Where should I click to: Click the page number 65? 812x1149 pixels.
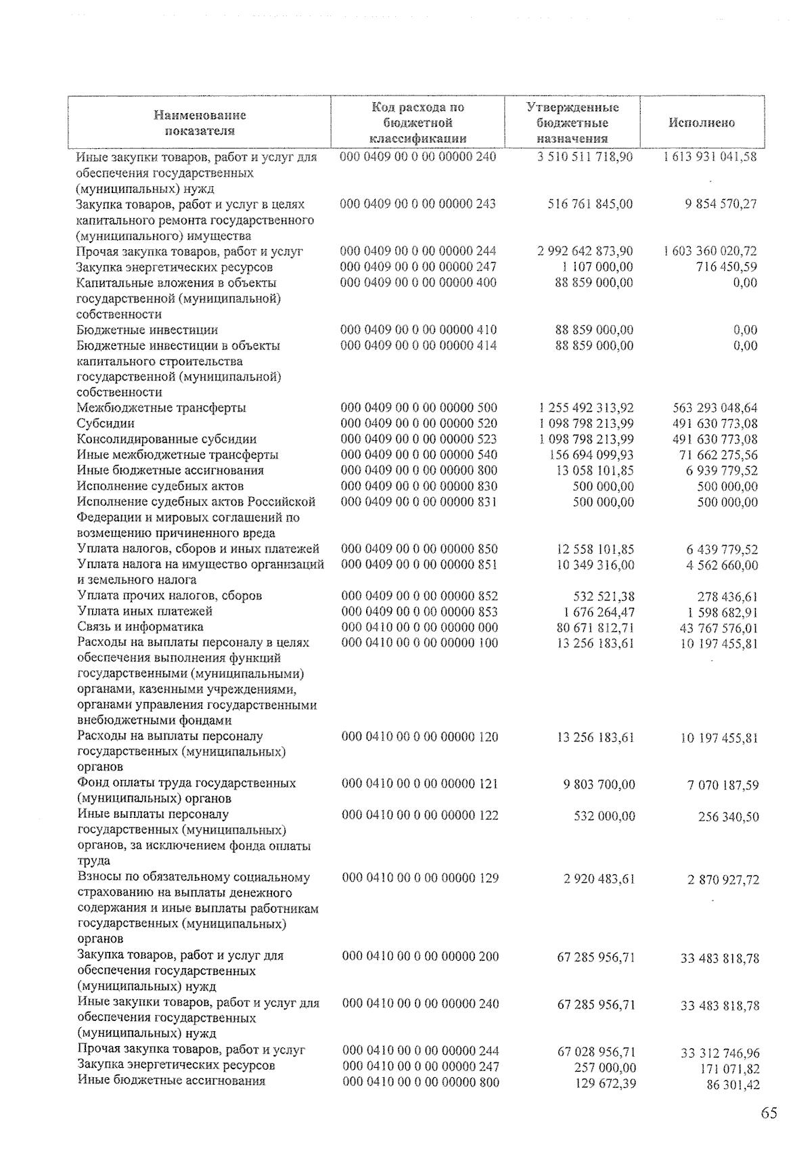point(769,1114)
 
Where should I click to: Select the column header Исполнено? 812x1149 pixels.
point(702,123)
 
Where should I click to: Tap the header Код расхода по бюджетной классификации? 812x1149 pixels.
point(418,123)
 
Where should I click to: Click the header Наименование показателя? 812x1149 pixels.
point(199,123)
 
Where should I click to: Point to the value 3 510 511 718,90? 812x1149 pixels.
point(585,156)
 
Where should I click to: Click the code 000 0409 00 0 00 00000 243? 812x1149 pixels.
point(418,204)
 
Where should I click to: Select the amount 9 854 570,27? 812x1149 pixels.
point(721,204)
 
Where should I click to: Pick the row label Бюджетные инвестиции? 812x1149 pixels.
point(147,330)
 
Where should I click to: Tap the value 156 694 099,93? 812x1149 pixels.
point(591,455)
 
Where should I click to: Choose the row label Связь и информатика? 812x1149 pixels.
point(140,627)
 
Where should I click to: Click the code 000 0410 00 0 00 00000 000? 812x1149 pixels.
point(420,627)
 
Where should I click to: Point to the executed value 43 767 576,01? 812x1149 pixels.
point(718,628)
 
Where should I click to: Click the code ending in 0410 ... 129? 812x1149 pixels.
point(420,878)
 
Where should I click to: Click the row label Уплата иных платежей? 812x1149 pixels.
point(145,611)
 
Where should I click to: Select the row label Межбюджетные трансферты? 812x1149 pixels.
point(161,408)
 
